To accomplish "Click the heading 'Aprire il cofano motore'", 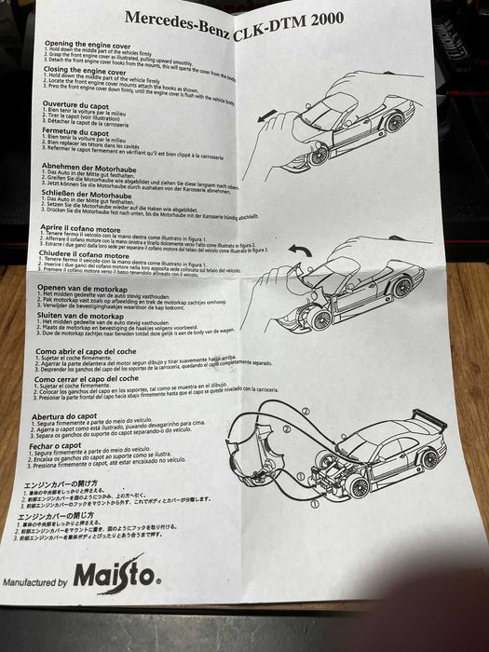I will coord(89,227).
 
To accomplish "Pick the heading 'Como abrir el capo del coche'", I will coord(102,350).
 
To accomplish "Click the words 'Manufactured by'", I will coord(36,582).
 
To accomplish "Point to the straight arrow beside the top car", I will coord(268,116).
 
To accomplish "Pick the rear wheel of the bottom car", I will coord(428,457).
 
